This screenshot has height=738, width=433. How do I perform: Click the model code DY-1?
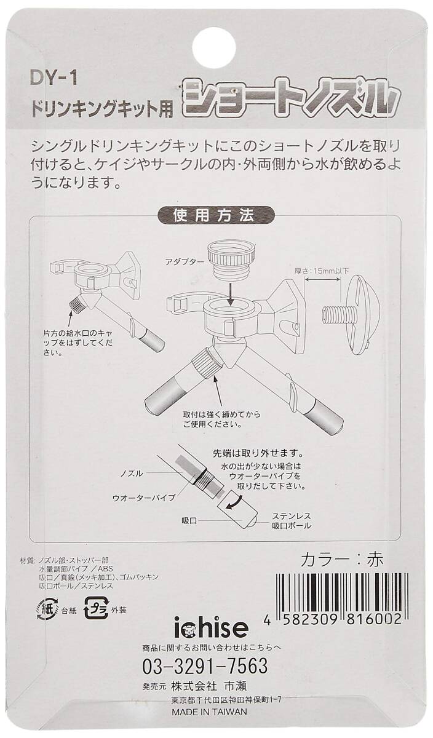(54, 79)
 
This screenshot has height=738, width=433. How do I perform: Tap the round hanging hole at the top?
(216, 49)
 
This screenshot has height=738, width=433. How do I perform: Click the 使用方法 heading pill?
(216, 215)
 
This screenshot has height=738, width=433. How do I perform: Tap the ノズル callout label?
(132, 474)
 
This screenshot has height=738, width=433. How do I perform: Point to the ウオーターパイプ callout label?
(144, 498)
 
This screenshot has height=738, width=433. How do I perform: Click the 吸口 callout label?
(189, 522)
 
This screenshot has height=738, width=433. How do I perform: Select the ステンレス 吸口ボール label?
(292, 521)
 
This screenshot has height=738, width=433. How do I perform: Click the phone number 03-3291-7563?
(205, 665)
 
